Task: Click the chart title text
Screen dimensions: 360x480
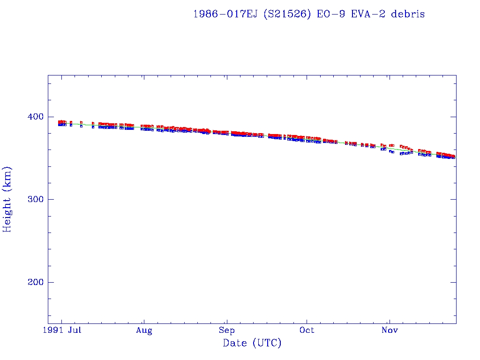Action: [x=309, y=14]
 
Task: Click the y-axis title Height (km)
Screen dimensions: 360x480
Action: [x=7, y=199]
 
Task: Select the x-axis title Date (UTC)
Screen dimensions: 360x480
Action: [x=252, y=343]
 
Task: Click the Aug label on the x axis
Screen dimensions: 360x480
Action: [x=144, y=331]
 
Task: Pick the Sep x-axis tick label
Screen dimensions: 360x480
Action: [x=226, y=331]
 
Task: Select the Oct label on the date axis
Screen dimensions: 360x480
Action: [x=307, y=331]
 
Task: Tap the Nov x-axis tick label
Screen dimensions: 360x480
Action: [x=390, y=331]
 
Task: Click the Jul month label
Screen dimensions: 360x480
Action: [x=75, y=331]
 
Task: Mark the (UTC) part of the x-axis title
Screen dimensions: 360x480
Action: [x=267, y=343]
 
